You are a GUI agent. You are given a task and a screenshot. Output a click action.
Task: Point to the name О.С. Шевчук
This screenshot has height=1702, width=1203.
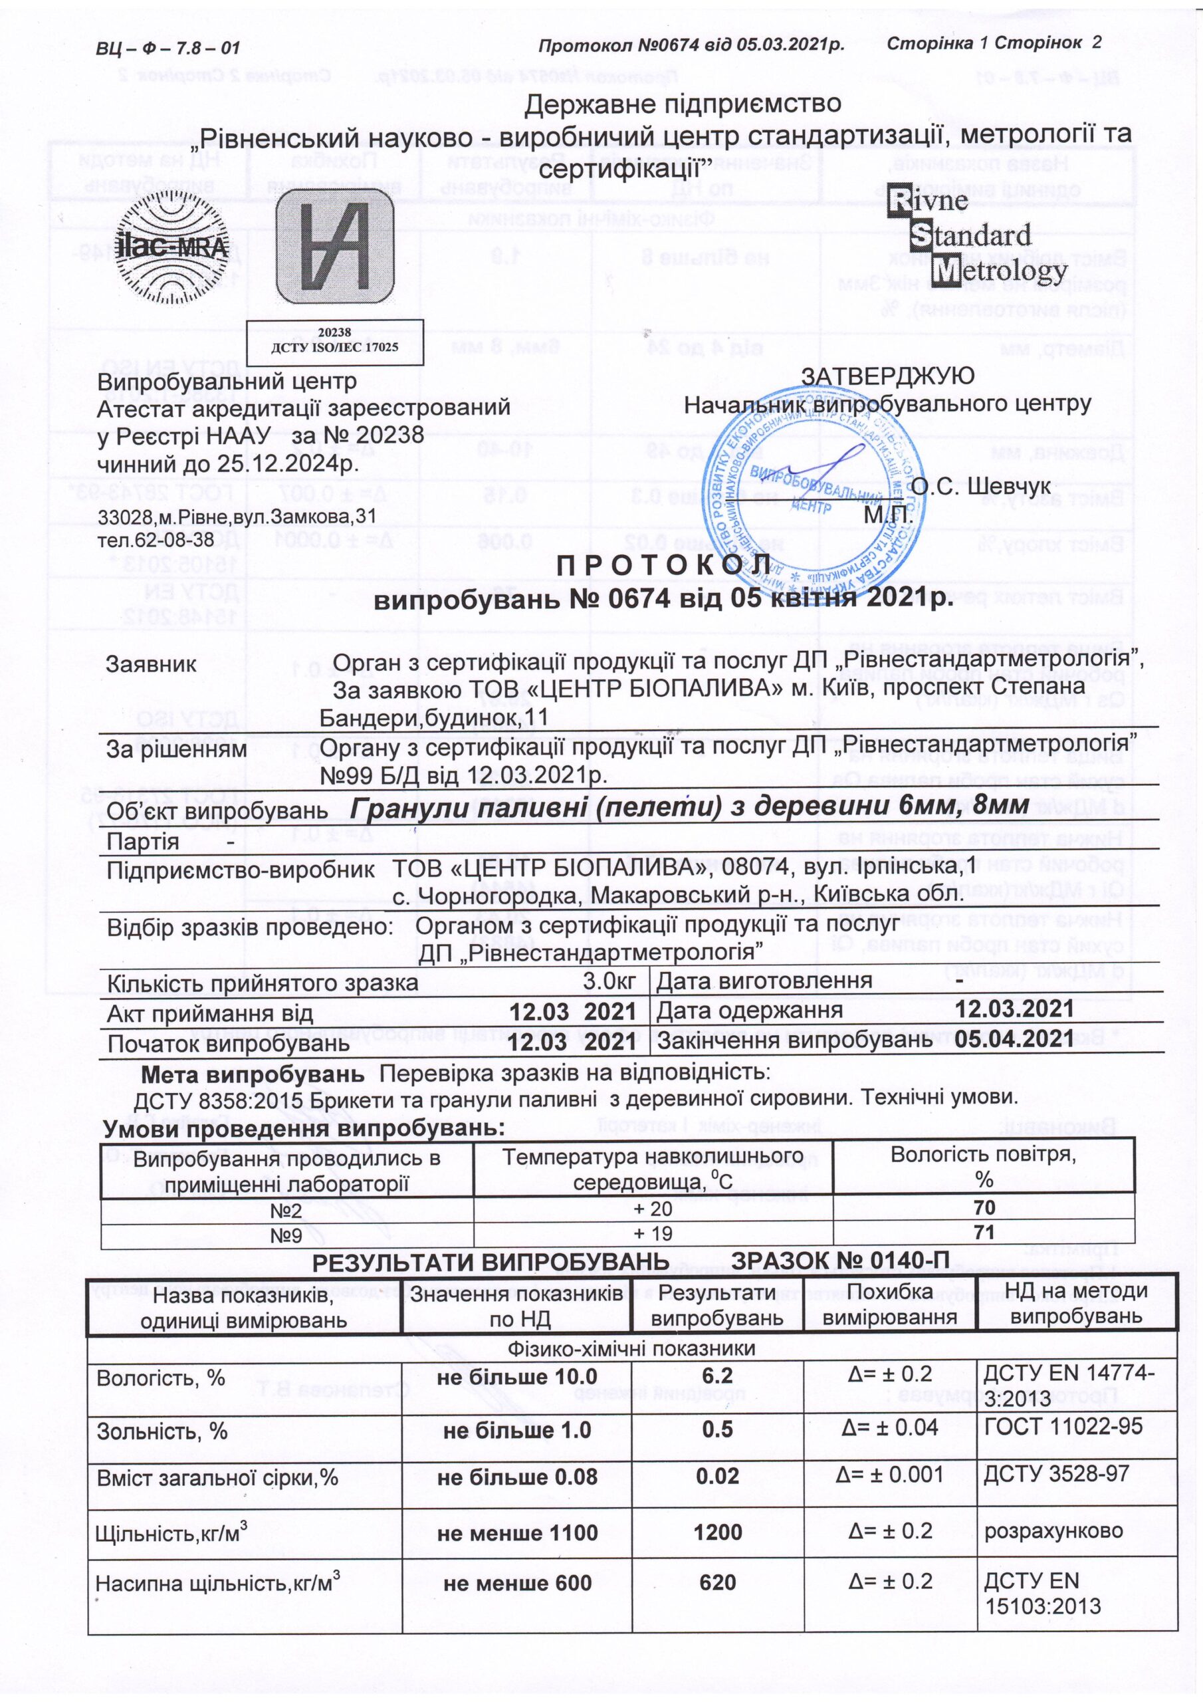[980, 485]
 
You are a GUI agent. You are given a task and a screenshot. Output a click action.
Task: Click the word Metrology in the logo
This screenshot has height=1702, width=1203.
[999, 273]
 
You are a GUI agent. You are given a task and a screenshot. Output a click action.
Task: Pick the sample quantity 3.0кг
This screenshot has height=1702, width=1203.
[609, 982]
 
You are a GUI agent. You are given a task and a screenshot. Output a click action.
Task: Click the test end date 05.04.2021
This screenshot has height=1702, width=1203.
[1014, 1039]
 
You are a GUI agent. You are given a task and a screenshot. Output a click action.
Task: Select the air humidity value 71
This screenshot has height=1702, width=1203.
[984, 1233]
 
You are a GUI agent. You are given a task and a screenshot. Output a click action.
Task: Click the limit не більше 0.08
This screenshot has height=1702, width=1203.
[516, 1476]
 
